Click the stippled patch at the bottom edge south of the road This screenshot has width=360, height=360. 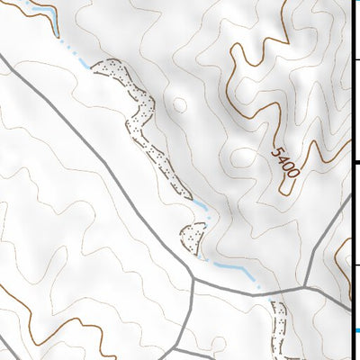point(280,324)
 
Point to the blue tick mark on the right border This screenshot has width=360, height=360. point(356,330)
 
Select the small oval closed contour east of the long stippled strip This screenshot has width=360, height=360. point(178,105)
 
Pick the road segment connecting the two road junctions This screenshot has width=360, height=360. point(252,291)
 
